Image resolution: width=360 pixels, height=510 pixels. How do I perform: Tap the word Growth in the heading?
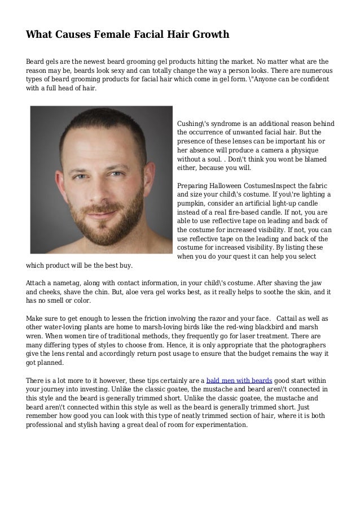coord(209,35)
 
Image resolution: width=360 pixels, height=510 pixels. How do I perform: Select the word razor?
coord(200,319)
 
